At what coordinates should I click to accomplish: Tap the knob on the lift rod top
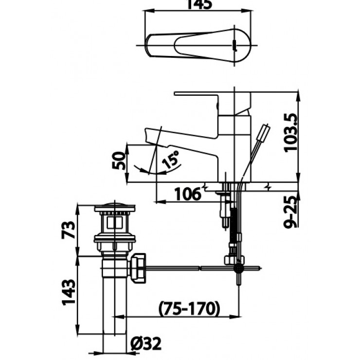(x=265, y=132)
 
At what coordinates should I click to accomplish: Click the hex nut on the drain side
(x=139, y=267)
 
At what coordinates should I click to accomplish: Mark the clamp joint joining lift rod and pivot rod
(x=239, y=267)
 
